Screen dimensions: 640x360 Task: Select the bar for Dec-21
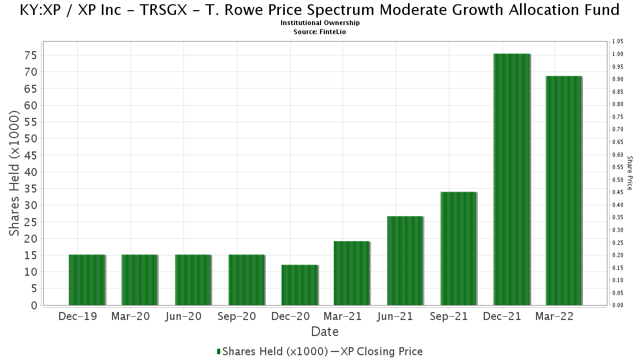511,179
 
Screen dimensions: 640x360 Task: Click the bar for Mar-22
564,190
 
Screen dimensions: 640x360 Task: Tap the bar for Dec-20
300,285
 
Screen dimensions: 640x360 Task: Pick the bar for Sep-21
459,249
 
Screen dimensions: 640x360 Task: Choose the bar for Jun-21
405,261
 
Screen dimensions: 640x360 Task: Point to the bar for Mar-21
352,273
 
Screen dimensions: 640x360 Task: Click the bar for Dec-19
87,279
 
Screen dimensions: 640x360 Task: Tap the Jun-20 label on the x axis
183,317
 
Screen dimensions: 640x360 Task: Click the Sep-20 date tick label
237,317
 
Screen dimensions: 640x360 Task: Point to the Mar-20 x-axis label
131,317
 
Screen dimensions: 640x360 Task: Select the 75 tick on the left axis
31,55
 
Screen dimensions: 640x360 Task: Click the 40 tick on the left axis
31,172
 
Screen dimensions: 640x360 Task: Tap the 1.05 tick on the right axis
618,42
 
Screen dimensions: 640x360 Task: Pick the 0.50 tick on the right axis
618,180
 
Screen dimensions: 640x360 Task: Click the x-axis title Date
325,332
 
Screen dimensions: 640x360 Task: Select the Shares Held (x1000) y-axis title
14,173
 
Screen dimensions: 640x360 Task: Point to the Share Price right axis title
630,173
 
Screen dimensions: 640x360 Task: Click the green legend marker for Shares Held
219,351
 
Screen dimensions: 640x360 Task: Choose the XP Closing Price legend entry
377,351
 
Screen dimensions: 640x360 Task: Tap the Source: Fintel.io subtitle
319,32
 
